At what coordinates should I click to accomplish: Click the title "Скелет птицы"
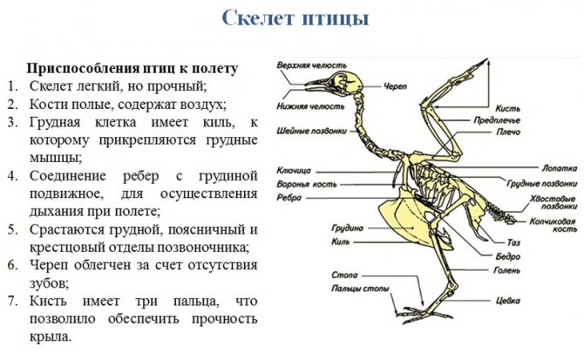(x=295, y=18)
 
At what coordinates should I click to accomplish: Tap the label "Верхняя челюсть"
(x=311, y=66)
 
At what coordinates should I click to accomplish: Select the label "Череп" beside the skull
(x=395, y=87)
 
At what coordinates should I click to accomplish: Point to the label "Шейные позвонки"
(x=311, y=131)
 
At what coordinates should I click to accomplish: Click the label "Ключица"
(x=294, y=171)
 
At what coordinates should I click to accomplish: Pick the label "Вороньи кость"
(x=306, y=185)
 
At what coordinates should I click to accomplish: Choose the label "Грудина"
(x=347, y=228)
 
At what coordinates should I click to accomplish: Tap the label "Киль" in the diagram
(x=341, y=242)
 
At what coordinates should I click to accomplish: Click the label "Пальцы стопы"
(x=360, y=289)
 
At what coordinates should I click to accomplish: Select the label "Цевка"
(x=507, y=301)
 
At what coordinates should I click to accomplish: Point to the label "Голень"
(x=506, y=270)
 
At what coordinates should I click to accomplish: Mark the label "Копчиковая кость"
(x=553, y=225)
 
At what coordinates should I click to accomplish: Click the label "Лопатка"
(x=559, y=168)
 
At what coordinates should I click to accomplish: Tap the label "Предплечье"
(x=497, y=120)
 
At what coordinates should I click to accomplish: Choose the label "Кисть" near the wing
(x=507, y=109)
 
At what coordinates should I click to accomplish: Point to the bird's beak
(x=317, y=85)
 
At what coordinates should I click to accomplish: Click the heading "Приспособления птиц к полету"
(x=132, y=69)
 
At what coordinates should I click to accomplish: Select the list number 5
(x=12, y=230)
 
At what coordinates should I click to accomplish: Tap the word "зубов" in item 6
(x=49, y=283)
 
